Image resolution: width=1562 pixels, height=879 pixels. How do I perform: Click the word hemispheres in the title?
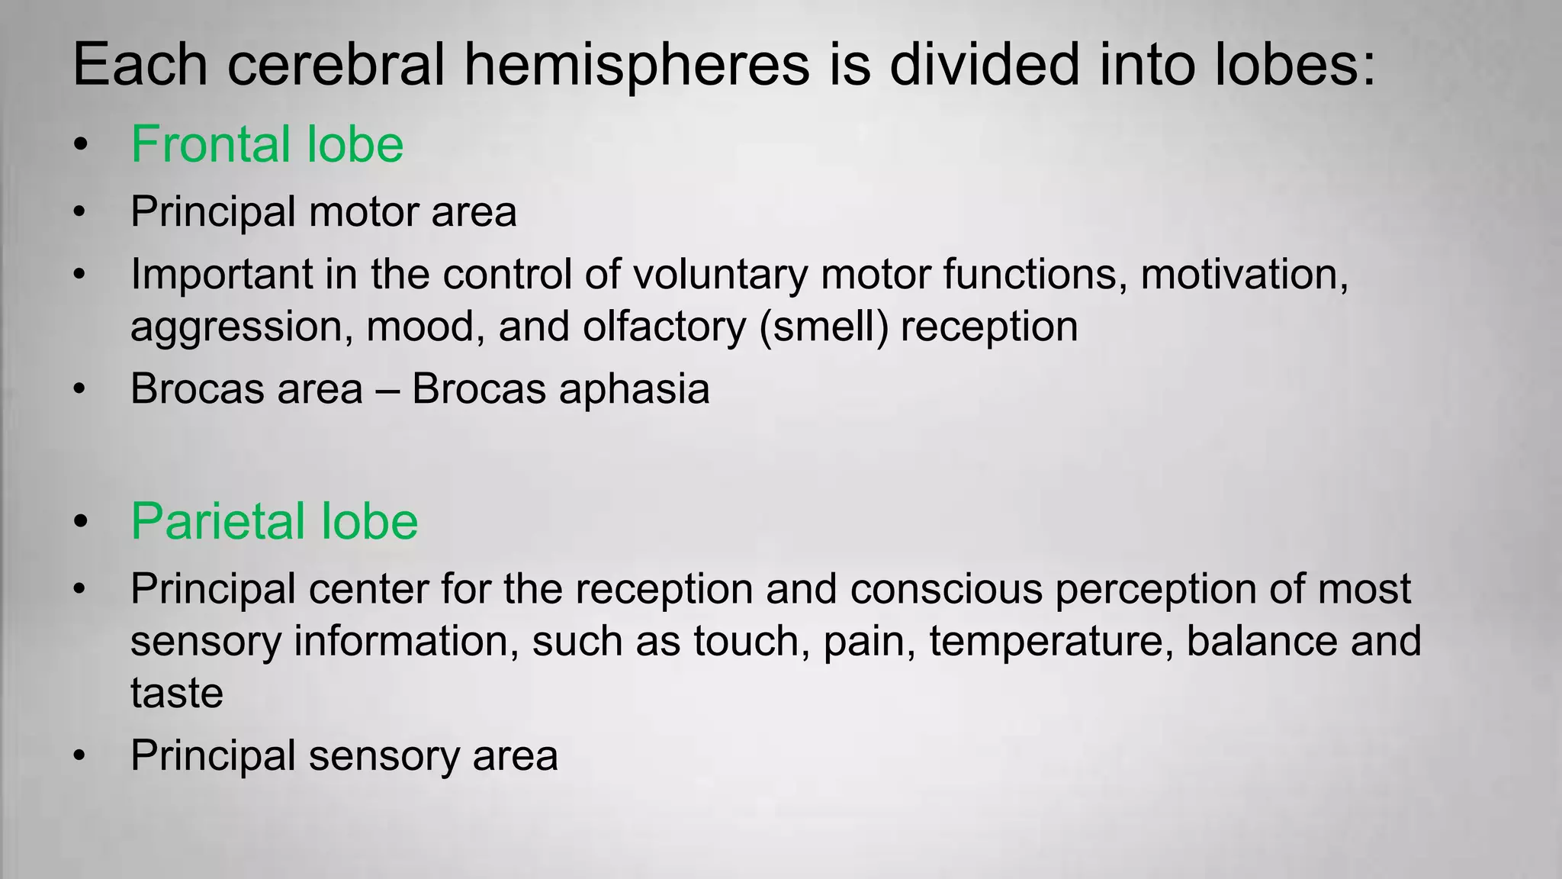(x=636, y=66)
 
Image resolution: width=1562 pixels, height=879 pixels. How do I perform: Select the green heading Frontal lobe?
(x=266, y=144)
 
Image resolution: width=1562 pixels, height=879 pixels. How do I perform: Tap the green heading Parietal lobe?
(x=274, y=522)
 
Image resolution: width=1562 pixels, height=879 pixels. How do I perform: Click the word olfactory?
(x=664, y=327)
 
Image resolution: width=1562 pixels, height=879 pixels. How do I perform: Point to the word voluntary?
(x=720, y=275)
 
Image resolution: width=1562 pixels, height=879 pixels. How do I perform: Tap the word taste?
(x=176, y=694)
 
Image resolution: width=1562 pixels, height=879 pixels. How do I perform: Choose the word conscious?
(x=946, y=590)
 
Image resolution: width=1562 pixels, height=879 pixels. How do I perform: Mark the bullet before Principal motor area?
(x=80, y=212)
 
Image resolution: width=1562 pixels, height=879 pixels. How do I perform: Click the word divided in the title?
(x=985, y=66)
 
